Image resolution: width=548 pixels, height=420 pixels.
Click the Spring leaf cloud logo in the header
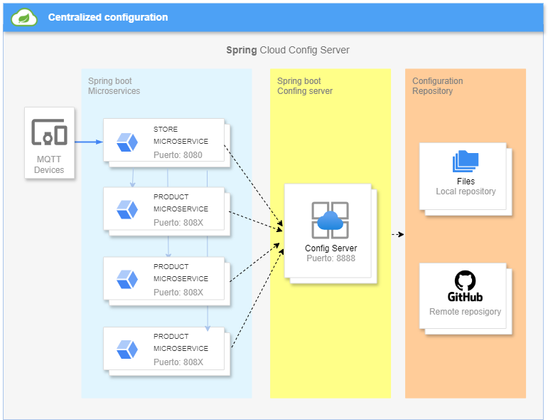[x=23, y=17]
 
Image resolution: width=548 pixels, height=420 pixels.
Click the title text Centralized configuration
[x=108, y=17]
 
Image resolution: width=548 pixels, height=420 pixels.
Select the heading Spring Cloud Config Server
[x=288, y=50]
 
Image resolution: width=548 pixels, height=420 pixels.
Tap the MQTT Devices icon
[x=49, y=132]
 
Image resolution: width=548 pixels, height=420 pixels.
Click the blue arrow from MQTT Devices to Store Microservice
[x=89, y=142]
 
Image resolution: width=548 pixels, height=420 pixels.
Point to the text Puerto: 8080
[x=178, y=154]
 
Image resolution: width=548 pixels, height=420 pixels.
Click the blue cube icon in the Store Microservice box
[x=127, y=142]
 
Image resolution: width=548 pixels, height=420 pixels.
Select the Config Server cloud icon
[x=331, y=220]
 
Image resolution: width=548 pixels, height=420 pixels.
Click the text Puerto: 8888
[x=331, y=258]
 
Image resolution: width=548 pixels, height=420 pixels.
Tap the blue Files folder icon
[x=466, y=161]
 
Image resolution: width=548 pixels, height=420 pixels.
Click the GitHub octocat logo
[x=465, y=280]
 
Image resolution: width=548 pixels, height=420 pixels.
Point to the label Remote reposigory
[x=465, y=312]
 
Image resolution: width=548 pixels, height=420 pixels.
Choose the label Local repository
[x=466, y=191]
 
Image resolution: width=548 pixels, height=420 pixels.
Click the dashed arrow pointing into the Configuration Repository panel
[x=398, y=234]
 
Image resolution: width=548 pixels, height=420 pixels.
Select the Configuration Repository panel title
[x=438, y=85]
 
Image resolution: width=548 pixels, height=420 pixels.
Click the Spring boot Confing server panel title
[x=305, y=85]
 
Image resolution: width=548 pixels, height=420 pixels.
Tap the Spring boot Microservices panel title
[x=114, y=85]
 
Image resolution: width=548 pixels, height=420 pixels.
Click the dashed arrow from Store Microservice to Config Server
[x=253, y=186]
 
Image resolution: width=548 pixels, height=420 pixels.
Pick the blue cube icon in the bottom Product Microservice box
[x=127, y=350]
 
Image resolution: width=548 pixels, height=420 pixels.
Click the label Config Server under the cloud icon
[x=331, y=248]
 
